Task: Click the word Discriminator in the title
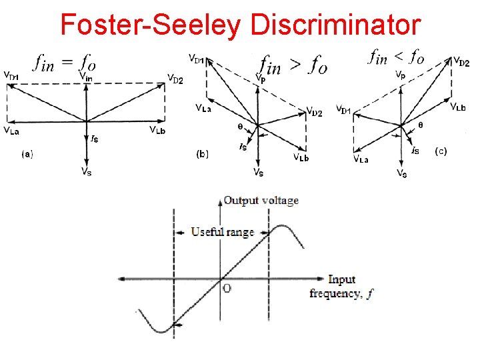pos(337,25)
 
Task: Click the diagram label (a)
pos(27,153)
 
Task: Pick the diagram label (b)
pos(203,155)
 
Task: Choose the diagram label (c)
pos(441,151)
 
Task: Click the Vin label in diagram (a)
pos(86,76)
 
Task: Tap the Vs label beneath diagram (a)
pos(87,172)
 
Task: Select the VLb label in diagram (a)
pos(161,129)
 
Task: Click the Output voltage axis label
pos(261,200)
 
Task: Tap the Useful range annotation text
pos(223,232)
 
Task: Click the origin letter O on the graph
pos(227,289)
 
